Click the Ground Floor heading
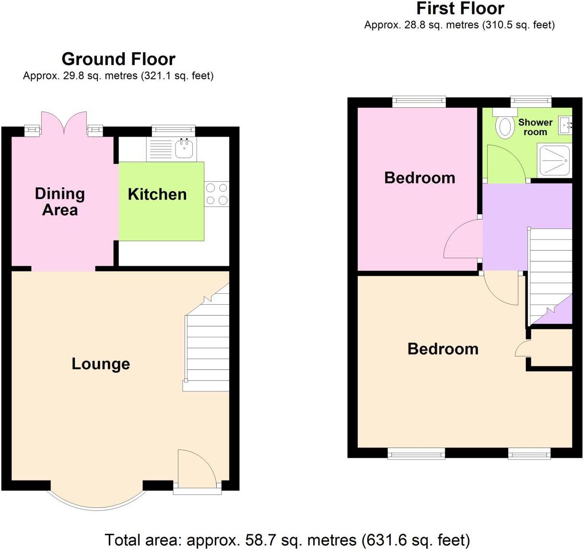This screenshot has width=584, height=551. click(x=118, y=59)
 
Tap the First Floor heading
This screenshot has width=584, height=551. click(x=460, y=9)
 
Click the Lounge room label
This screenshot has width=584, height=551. click(x=101, y=364)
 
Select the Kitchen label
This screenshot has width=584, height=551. click(x=157, y=194)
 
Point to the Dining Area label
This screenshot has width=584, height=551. click(x=60, y=202)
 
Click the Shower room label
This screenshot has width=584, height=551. click(x=535, y=127)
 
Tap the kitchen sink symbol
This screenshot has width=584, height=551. click(x=184, y=148)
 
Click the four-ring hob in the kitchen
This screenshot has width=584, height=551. click(x=217, y=194)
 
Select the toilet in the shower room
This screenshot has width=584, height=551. click(x=504, y=126)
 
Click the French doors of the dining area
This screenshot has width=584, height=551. click(x=64, y=123)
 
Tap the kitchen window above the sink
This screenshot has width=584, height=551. click(x=174, y=130)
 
